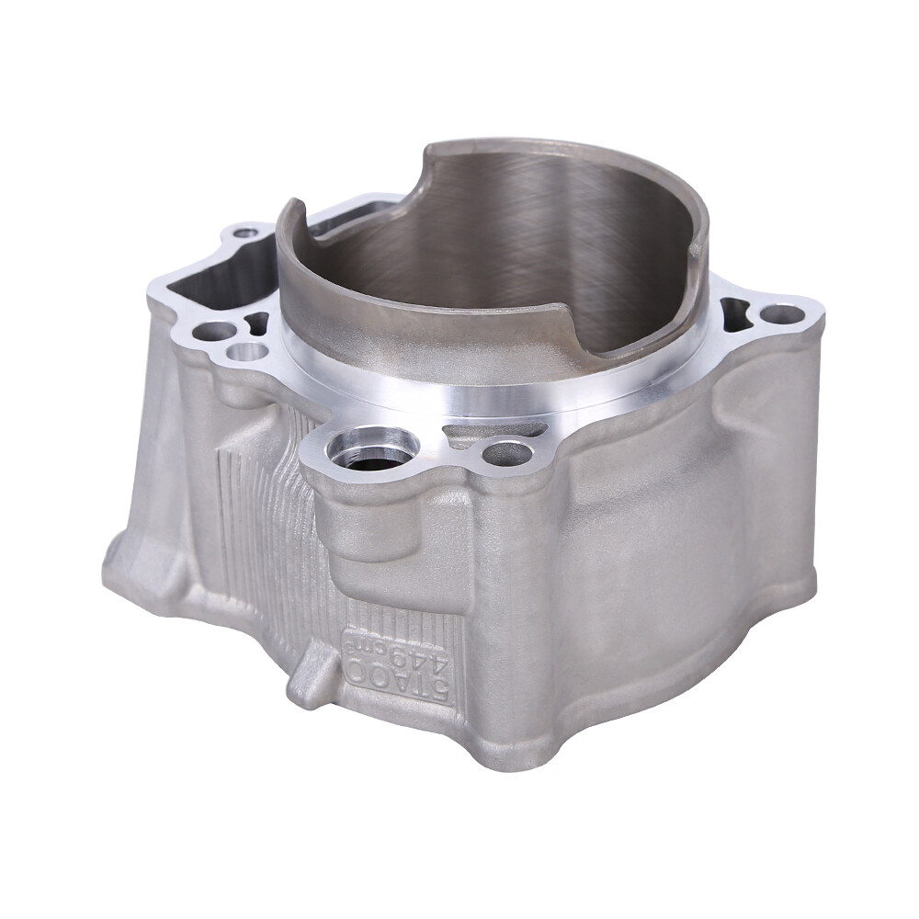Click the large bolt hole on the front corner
click(373, 448)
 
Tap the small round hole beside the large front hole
click(507, 452)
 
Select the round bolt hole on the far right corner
click(782, 314)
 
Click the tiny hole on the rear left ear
click(245, 233)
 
